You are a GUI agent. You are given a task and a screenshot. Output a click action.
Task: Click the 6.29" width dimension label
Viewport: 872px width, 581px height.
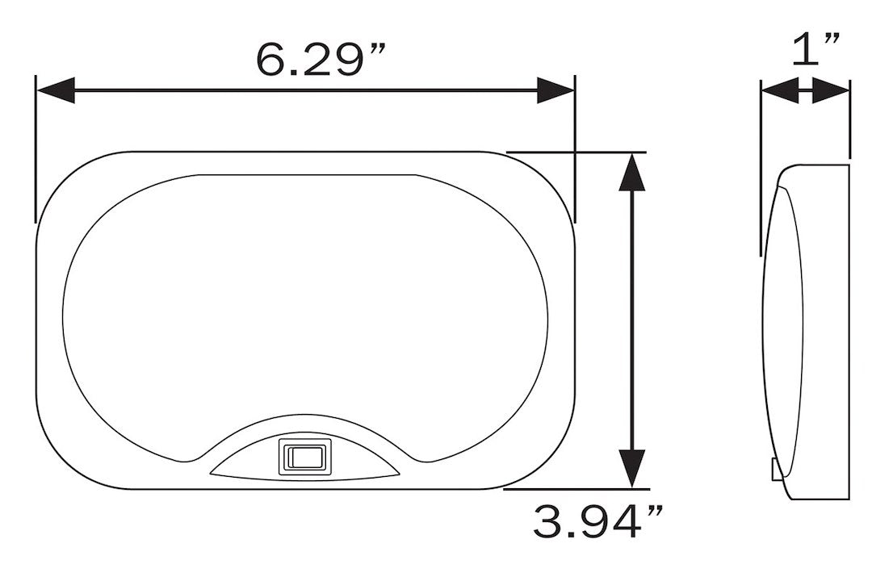point(321,58)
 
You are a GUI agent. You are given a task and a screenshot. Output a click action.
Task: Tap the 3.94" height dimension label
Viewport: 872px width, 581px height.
point(597,521)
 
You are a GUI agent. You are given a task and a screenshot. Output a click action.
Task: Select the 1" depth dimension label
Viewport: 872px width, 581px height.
point(817,50)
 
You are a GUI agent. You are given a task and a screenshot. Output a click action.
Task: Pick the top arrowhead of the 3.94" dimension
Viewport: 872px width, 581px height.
point(631,171)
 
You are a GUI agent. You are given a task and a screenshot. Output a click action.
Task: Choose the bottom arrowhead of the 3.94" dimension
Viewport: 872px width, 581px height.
point(631,468)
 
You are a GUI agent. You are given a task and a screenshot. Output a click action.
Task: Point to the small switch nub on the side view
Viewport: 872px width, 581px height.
point(775,469)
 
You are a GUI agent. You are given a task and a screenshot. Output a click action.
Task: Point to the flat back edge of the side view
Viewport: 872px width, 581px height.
point(849,331)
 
